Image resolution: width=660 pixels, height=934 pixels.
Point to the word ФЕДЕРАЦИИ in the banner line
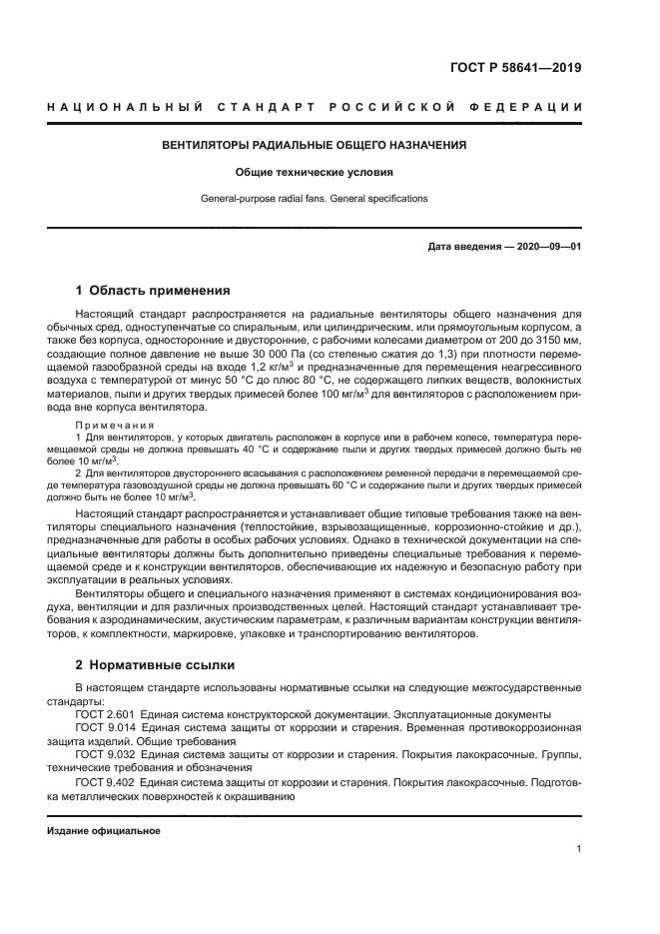[x=537, y=107]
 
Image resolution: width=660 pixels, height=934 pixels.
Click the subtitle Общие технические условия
[x=315, y=172]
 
